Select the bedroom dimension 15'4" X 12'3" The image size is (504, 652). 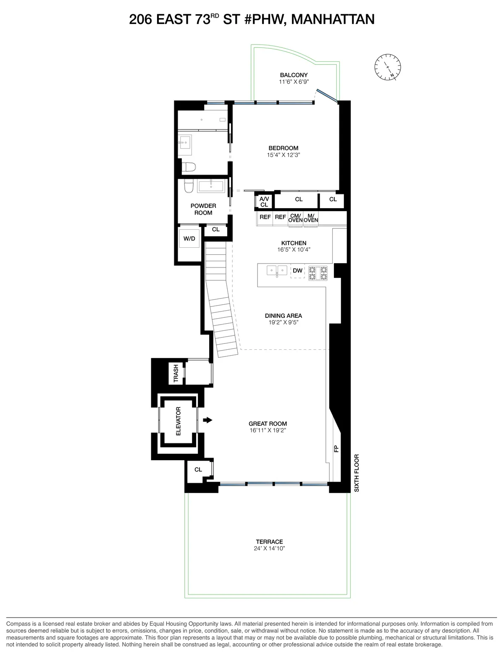tap(283, 155)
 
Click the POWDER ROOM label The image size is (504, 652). tap(203, 209)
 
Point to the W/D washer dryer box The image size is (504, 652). tap(189, 238)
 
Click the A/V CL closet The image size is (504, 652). tap(264, 202)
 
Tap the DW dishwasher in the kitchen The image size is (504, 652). tap(297, 271)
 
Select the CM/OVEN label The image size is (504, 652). tap(295, 218)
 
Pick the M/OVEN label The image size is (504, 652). tap(311, 218)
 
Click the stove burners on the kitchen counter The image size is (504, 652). tap(318, 273)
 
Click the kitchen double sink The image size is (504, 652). tap(277, 271)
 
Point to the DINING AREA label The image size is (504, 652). tap(283, 316)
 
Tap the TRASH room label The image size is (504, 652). tap(176, 373)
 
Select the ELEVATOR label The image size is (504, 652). tap(178, 421)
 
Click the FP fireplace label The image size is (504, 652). tap(336, 449)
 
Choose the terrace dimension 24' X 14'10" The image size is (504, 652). tap(269, 548)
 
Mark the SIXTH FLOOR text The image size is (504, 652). tap(357, 473)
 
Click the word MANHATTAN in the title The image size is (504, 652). tap(332, 19)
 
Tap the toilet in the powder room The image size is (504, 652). tap(188, 186)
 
